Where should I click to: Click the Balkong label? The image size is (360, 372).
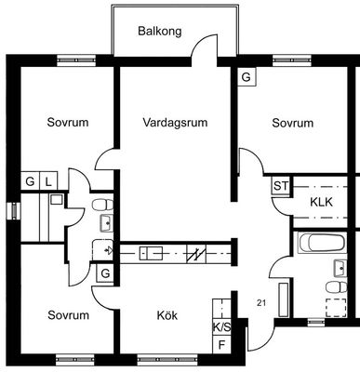pos(160,32)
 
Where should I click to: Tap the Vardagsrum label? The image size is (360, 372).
pos(175,123)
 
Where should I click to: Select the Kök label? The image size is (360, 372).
pos(167,315)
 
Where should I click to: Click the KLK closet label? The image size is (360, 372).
pos(321,202)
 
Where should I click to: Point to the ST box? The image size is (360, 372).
pos(281,186)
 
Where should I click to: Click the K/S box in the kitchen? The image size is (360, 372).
pos(221,327)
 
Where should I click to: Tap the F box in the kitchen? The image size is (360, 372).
pos(221,344)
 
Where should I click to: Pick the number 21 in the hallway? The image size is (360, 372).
pos(261,303)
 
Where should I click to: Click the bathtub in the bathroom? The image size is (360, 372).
pos(321,243)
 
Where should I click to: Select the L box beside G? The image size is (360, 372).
pos(48,181)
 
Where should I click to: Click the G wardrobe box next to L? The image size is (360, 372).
pos(30,181)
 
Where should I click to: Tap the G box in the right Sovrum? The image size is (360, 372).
pos(247,77)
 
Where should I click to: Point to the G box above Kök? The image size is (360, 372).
pos(105,273)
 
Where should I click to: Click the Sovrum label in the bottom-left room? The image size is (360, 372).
pos(69,315)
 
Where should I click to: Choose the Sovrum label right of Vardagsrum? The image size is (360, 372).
pos(293,123)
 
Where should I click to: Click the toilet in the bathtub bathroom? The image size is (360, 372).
pos(337,287)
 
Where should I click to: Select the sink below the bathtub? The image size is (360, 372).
pos(340,269)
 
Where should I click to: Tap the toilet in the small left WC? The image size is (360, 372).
pos(103,205)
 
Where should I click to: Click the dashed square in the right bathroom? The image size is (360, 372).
pos(337,308)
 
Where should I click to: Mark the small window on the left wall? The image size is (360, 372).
pos(14,211)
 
